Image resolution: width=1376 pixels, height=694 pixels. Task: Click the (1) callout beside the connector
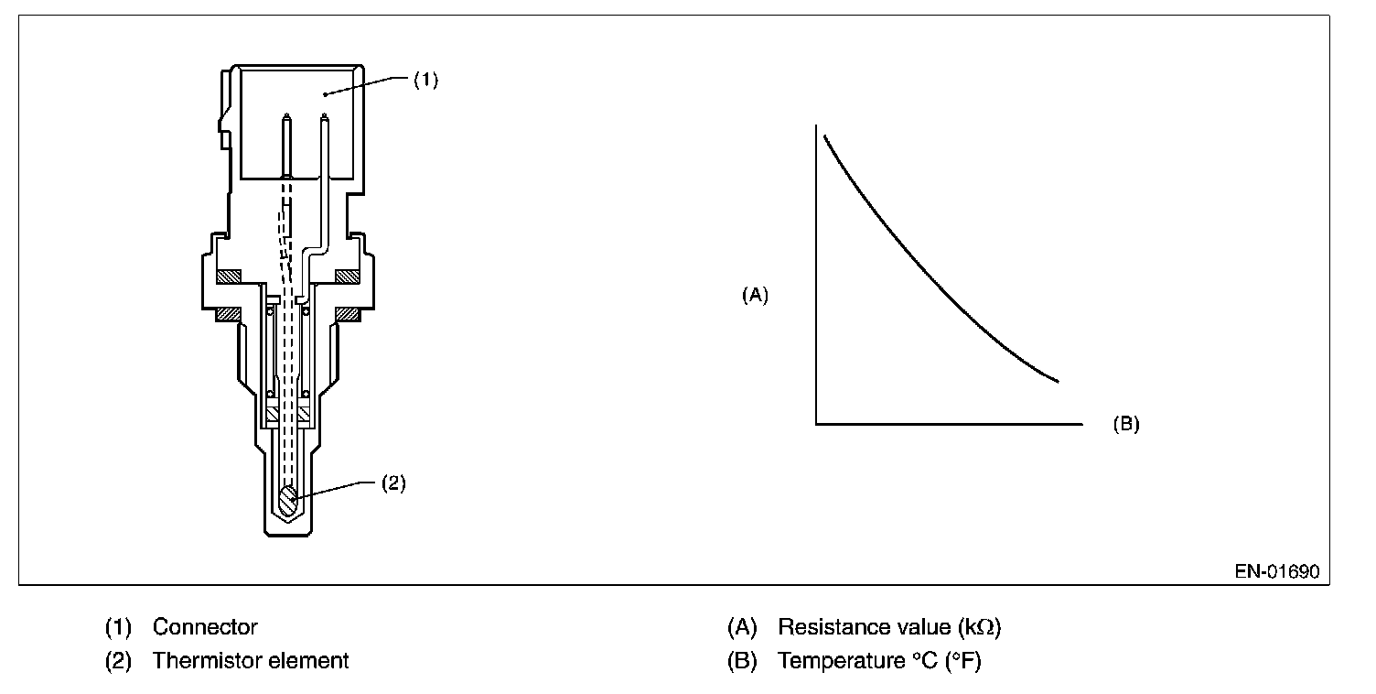(x=425, y=81)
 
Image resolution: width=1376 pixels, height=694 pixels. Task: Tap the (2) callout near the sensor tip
(x=392, y=483)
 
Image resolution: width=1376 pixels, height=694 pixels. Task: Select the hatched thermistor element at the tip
(x=289, y=501)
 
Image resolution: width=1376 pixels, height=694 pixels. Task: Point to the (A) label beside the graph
(x=755, y=295)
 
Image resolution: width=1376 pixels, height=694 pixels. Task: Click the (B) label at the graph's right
(x=1125, y=425)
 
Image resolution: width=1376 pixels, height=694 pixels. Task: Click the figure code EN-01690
(x=1276, y=571)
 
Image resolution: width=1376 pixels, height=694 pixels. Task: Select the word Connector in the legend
(x=205, y=627)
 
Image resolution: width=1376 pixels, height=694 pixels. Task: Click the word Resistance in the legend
(x=833, y=627)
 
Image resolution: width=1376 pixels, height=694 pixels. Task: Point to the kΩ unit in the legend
(x=978, y=627)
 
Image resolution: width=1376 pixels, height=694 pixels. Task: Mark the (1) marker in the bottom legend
(x=118, y=627)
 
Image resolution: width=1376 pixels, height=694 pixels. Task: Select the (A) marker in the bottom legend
(x=742, y=627)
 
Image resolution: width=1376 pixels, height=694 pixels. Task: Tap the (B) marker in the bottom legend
(x=742, y=660)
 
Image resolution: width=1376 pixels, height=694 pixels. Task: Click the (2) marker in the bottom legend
(x=118, y=660)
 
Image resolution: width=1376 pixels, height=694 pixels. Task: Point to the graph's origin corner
(x=815, y=424)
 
